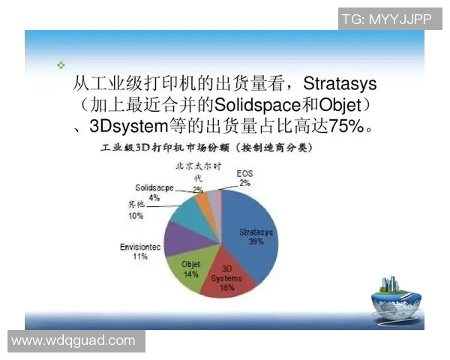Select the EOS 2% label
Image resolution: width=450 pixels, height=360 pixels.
point(244,177)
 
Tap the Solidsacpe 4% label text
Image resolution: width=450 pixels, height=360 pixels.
point(154,192)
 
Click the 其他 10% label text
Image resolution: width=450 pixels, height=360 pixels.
point(136,210)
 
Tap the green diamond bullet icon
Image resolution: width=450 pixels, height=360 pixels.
point(61,65)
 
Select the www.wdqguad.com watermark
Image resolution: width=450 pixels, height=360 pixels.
point(73,341)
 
